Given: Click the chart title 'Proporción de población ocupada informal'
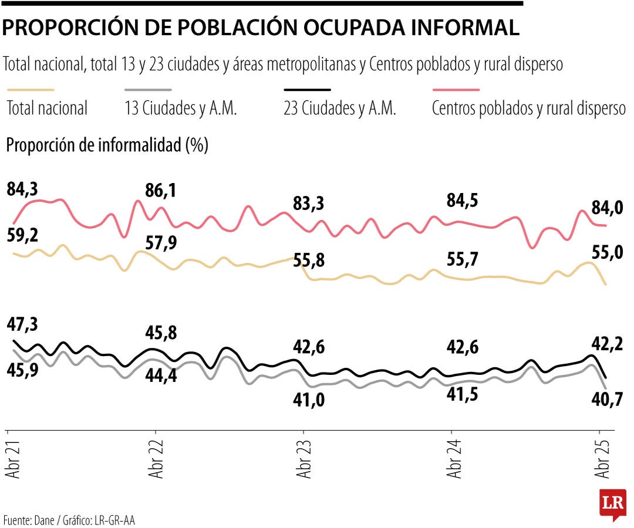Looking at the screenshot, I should pos(261,28).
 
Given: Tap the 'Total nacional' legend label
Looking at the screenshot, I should pos(47,109).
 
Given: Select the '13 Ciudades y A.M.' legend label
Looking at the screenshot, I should pos(181,109).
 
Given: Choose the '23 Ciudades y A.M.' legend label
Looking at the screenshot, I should pos(340,109).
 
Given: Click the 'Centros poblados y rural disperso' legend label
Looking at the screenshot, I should pos(528,109).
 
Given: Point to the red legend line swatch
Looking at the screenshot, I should pos(456,90).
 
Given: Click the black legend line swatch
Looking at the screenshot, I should pos(307,90).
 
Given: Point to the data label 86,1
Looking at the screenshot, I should pos(161,191).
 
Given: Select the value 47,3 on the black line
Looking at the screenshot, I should pos(23,324).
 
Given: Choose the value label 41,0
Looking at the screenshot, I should pos(309,400).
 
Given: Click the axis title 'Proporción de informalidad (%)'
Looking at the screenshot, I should pos(107,145).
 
